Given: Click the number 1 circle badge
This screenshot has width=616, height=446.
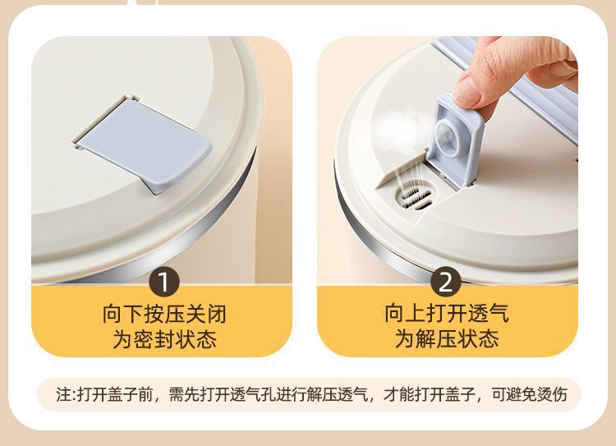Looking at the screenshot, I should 164,283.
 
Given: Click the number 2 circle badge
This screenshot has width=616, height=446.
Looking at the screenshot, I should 446,283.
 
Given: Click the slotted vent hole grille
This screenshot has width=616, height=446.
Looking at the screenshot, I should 411,199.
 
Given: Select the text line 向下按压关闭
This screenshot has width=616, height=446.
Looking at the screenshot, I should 164,314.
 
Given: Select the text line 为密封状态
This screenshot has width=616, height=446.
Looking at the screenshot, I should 164,339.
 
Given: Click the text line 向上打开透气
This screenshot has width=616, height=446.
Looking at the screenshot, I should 446,314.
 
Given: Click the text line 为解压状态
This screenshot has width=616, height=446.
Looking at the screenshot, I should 446,339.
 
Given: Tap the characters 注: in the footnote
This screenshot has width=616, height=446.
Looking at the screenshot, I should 67,394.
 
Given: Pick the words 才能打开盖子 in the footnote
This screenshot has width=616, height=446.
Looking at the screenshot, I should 437,394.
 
